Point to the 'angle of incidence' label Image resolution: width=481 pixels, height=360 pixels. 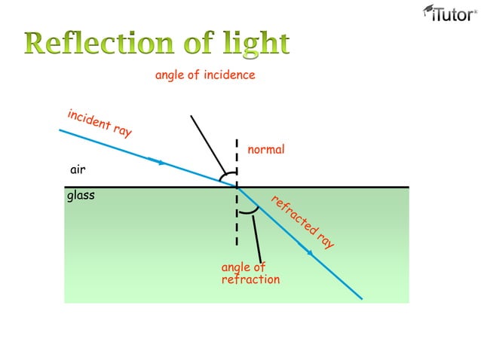tap(205, 75)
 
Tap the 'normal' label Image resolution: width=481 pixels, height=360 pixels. tap(266, 149)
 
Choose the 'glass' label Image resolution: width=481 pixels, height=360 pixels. tap(81, 196)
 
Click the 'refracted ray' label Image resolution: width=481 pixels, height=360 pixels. tap(302, 222)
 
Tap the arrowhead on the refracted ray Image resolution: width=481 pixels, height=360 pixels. tap(308, 252)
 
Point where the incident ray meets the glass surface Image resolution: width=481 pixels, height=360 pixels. tap(237, 187)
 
